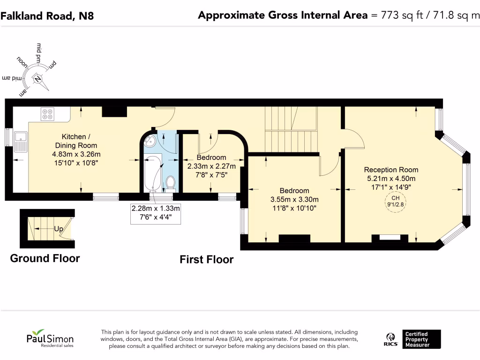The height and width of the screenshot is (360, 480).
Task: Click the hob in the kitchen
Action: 47,114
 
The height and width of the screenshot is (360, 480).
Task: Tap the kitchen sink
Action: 21,142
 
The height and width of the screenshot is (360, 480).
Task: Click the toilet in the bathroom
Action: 171,183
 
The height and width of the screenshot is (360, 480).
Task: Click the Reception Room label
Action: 391,170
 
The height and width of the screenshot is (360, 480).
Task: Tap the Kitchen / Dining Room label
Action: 76,141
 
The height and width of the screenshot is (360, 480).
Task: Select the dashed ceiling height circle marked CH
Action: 395,202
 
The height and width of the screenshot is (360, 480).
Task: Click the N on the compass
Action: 37,79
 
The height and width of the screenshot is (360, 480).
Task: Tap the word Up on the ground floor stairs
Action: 59,229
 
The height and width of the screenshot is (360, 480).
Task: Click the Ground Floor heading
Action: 45,258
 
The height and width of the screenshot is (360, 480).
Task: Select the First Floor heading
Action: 207,260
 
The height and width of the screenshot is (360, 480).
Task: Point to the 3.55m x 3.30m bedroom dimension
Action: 294,200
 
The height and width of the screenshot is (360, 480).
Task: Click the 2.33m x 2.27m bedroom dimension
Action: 211,166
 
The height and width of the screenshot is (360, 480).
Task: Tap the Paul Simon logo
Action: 50,338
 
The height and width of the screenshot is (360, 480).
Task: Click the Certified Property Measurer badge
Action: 421,339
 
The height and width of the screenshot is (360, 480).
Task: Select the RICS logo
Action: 390,339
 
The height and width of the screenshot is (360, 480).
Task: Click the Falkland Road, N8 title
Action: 47,15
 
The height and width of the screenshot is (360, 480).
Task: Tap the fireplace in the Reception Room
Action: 390,238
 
